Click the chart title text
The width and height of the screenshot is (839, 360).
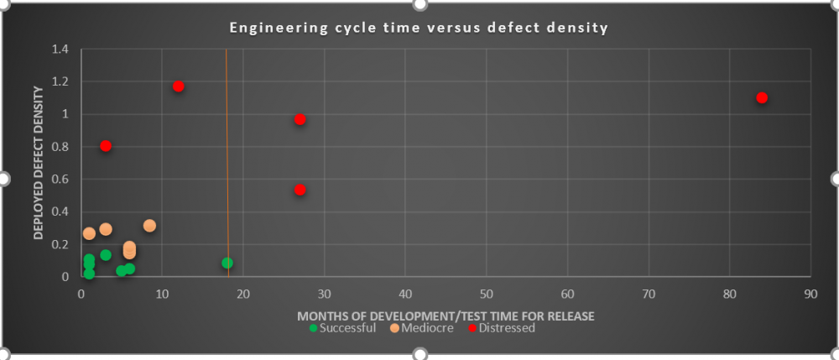(419, 29)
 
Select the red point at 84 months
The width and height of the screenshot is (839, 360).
(762, 97)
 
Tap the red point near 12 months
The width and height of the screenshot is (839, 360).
(178, 86)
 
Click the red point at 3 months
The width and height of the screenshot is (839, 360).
(106, 146)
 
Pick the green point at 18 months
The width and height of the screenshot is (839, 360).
(227, 263)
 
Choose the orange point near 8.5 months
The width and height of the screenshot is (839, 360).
(149, 226)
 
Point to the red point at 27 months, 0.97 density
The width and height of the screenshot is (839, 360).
(300, 119)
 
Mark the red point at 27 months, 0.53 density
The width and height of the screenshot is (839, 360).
(300, 190)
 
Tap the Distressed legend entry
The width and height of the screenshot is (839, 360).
(501, 328)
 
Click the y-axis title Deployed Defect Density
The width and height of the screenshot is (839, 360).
(39, 163)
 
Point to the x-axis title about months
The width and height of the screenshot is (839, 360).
(446, 316)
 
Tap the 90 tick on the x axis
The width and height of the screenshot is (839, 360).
(810, 295)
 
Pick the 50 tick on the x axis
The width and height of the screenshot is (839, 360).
(487, 295)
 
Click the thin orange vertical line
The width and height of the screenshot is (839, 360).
(227, 168)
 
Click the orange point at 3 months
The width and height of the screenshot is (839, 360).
(106, 229)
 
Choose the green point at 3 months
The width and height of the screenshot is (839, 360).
(106, 255)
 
